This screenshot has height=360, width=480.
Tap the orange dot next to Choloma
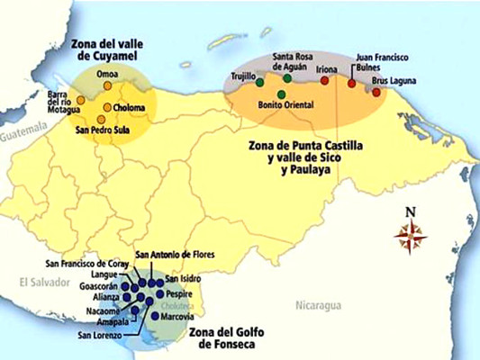pos(107,108)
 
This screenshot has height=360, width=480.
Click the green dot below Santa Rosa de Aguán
pos(286,78)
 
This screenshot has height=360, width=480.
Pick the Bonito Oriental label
pos(284,105)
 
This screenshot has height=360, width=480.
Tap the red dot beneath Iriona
pos(325,80)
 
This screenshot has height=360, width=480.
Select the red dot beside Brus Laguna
pos(376,92)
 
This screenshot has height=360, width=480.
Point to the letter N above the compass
pos(411,213)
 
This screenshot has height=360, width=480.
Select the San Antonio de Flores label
pos(176,256)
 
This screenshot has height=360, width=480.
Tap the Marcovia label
pos(177,315)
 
